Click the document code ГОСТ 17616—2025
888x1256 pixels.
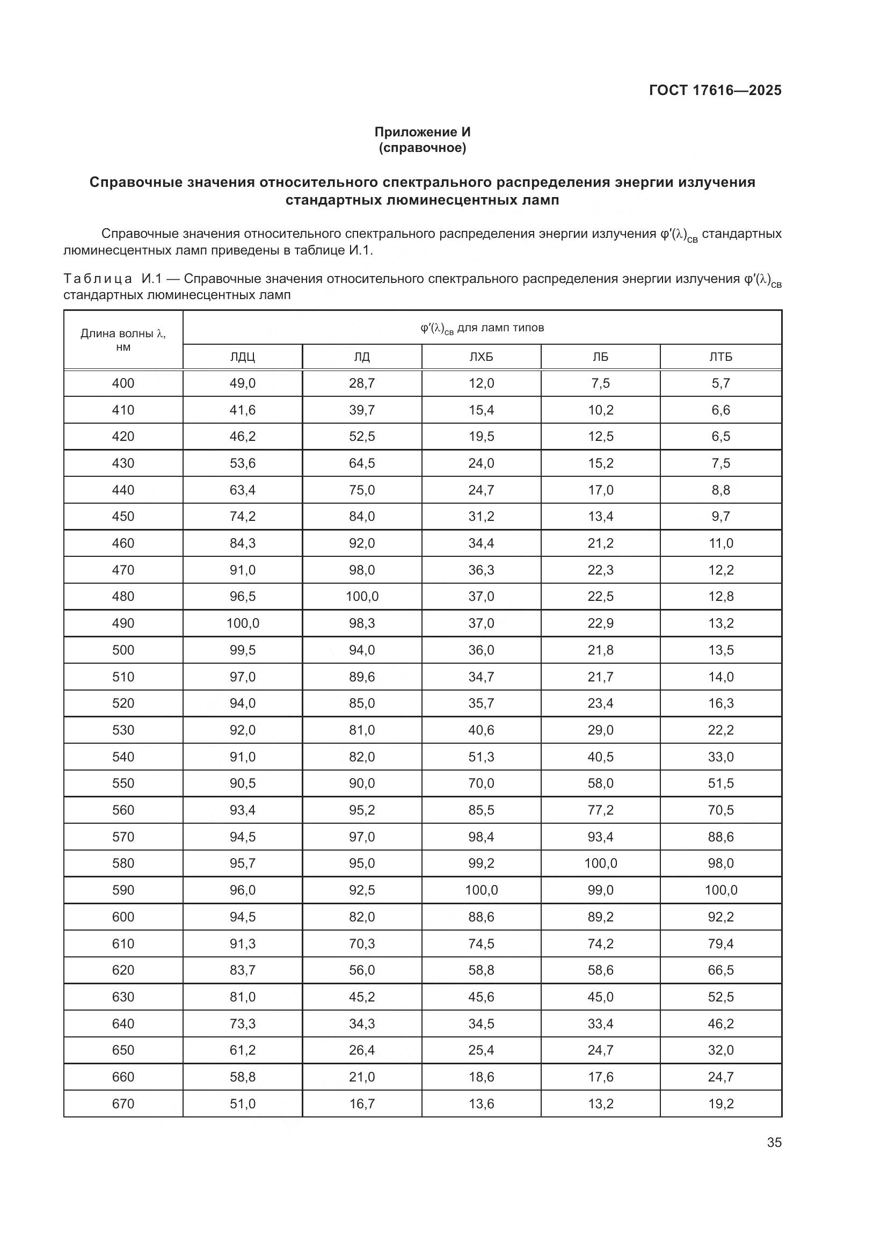715,90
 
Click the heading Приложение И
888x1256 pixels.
422,132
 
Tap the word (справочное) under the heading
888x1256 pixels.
422,148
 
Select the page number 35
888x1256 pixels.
774,1142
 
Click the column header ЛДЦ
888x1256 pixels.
242,357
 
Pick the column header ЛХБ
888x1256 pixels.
481,357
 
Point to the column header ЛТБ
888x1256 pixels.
720,357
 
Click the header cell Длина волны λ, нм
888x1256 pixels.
123,340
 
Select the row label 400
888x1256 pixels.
123,383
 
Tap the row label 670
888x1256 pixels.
123,1104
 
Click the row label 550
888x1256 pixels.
123,783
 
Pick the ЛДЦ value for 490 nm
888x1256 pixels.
242,623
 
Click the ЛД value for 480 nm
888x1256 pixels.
362,596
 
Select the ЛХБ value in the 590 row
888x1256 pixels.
481,890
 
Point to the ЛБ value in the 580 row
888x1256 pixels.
600,863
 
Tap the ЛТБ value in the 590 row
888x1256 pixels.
720,890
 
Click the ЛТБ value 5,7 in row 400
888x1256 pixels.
720,383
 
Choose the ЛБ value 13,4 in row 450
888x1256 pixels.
600,517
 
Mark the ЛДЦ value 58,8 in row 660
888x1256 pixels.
242,1077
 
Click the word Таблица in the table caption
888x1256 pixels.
97,279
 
